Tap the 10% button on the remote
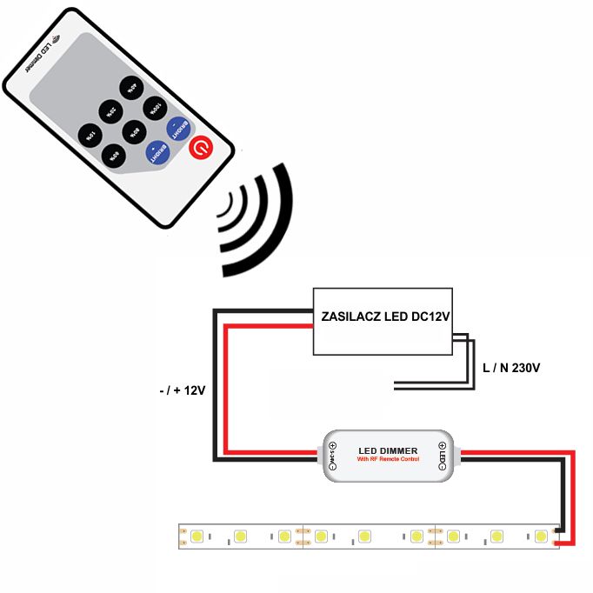click(x=90, y=135)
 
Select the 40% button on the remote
click(x=130, y=86)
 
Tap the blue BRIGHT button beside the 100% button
click(x=178, y=130)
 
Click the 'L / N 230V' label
click(x=511, y=369)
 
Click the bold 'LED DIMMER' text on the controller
click(x=387, y=450)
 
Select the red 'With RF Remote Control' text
click(x=388, y=460)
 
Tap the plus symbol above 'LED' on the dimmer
click(x=442, y=448)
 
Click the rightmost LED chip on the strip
click(x=542, y=536)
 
